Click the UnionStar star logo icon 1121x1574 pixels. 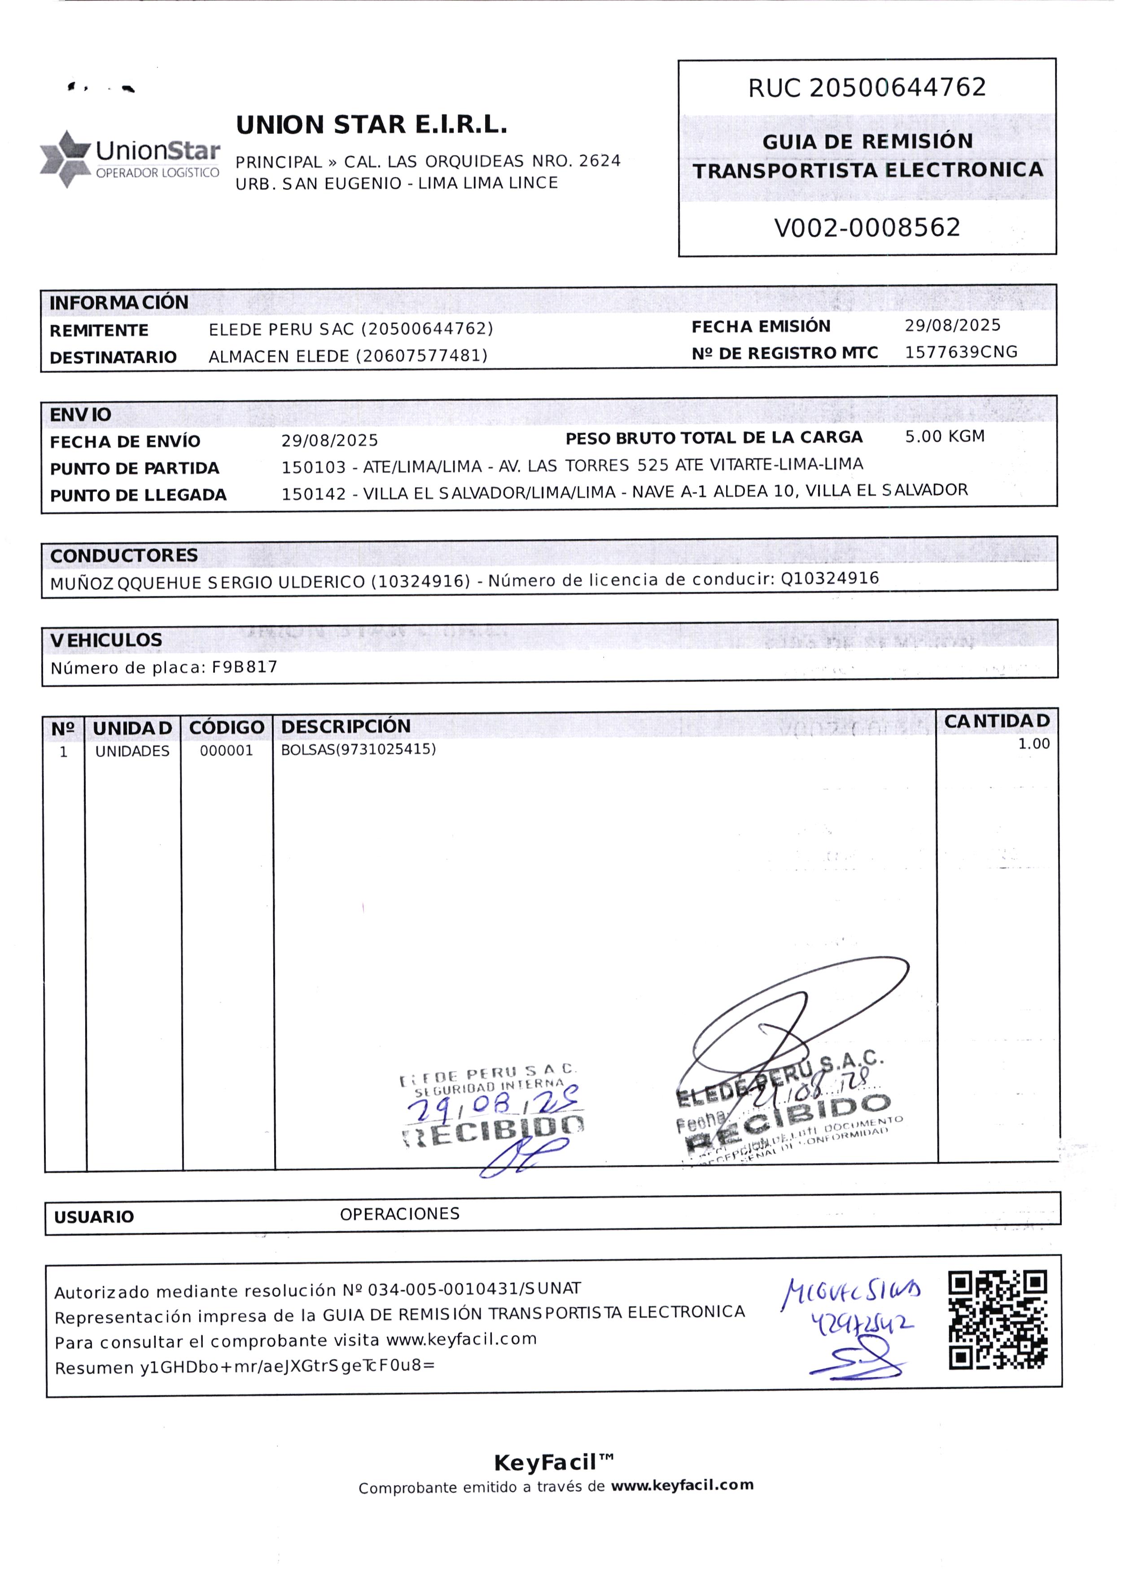[x=65, y=159]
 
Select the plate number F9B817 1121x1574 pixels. [x=245, y=667]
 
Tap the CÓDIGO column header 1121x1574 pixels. [x=227, y=728]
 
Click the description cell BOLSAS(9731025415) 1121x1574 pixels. [x=358, y=749]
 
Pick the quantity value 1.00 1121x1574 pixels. [x=1033, y=744]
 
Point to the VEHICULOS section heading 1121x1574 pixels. [x=106, y=640]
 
